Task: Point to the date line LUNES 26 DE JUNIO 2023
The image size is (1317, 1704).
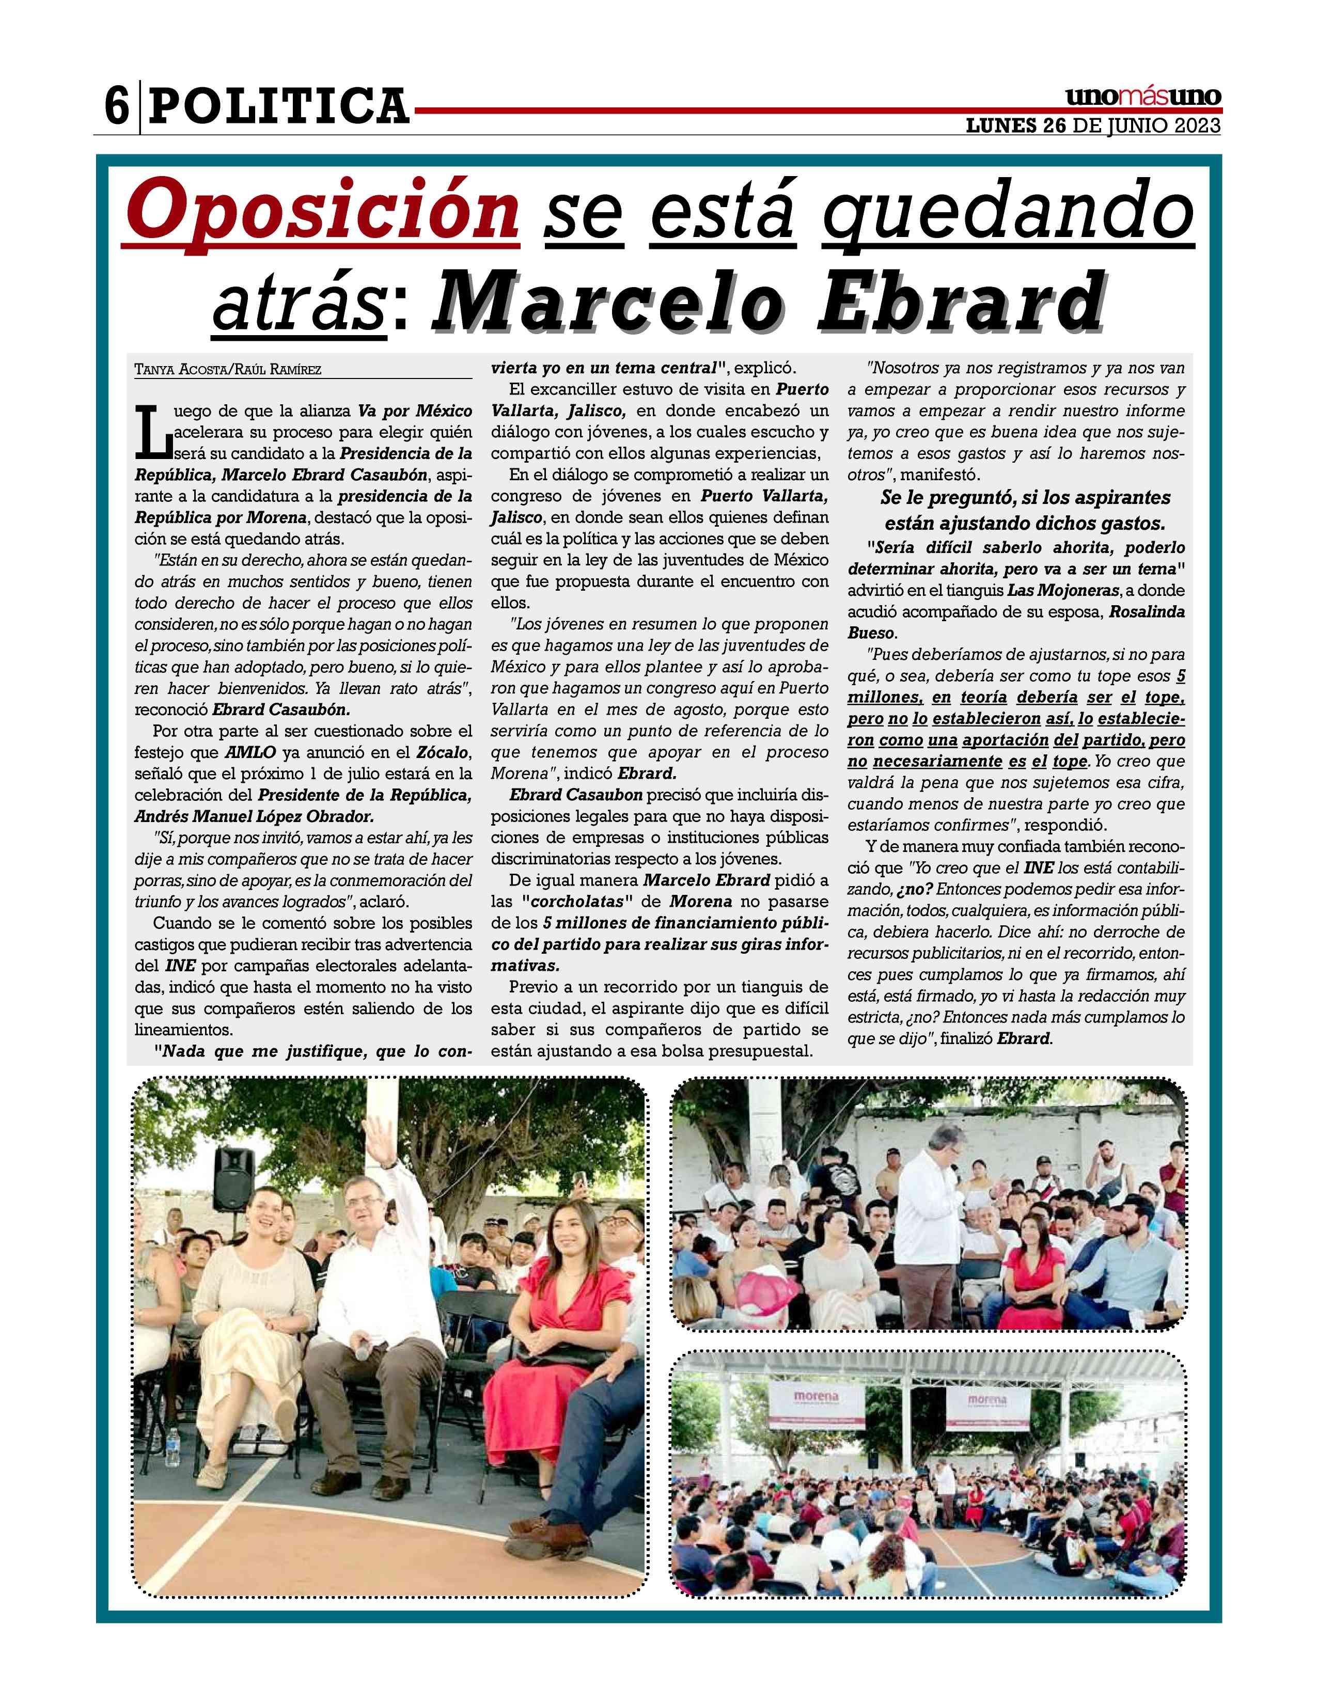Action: [1093, 127]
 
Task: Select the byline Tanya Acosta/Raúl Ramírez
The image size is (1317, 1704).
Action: [228, 369]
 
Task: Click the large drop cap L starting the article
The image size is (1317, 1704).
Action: [148, 432]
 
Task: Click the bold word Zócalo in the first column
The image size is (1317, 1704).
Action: [443, 752]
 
